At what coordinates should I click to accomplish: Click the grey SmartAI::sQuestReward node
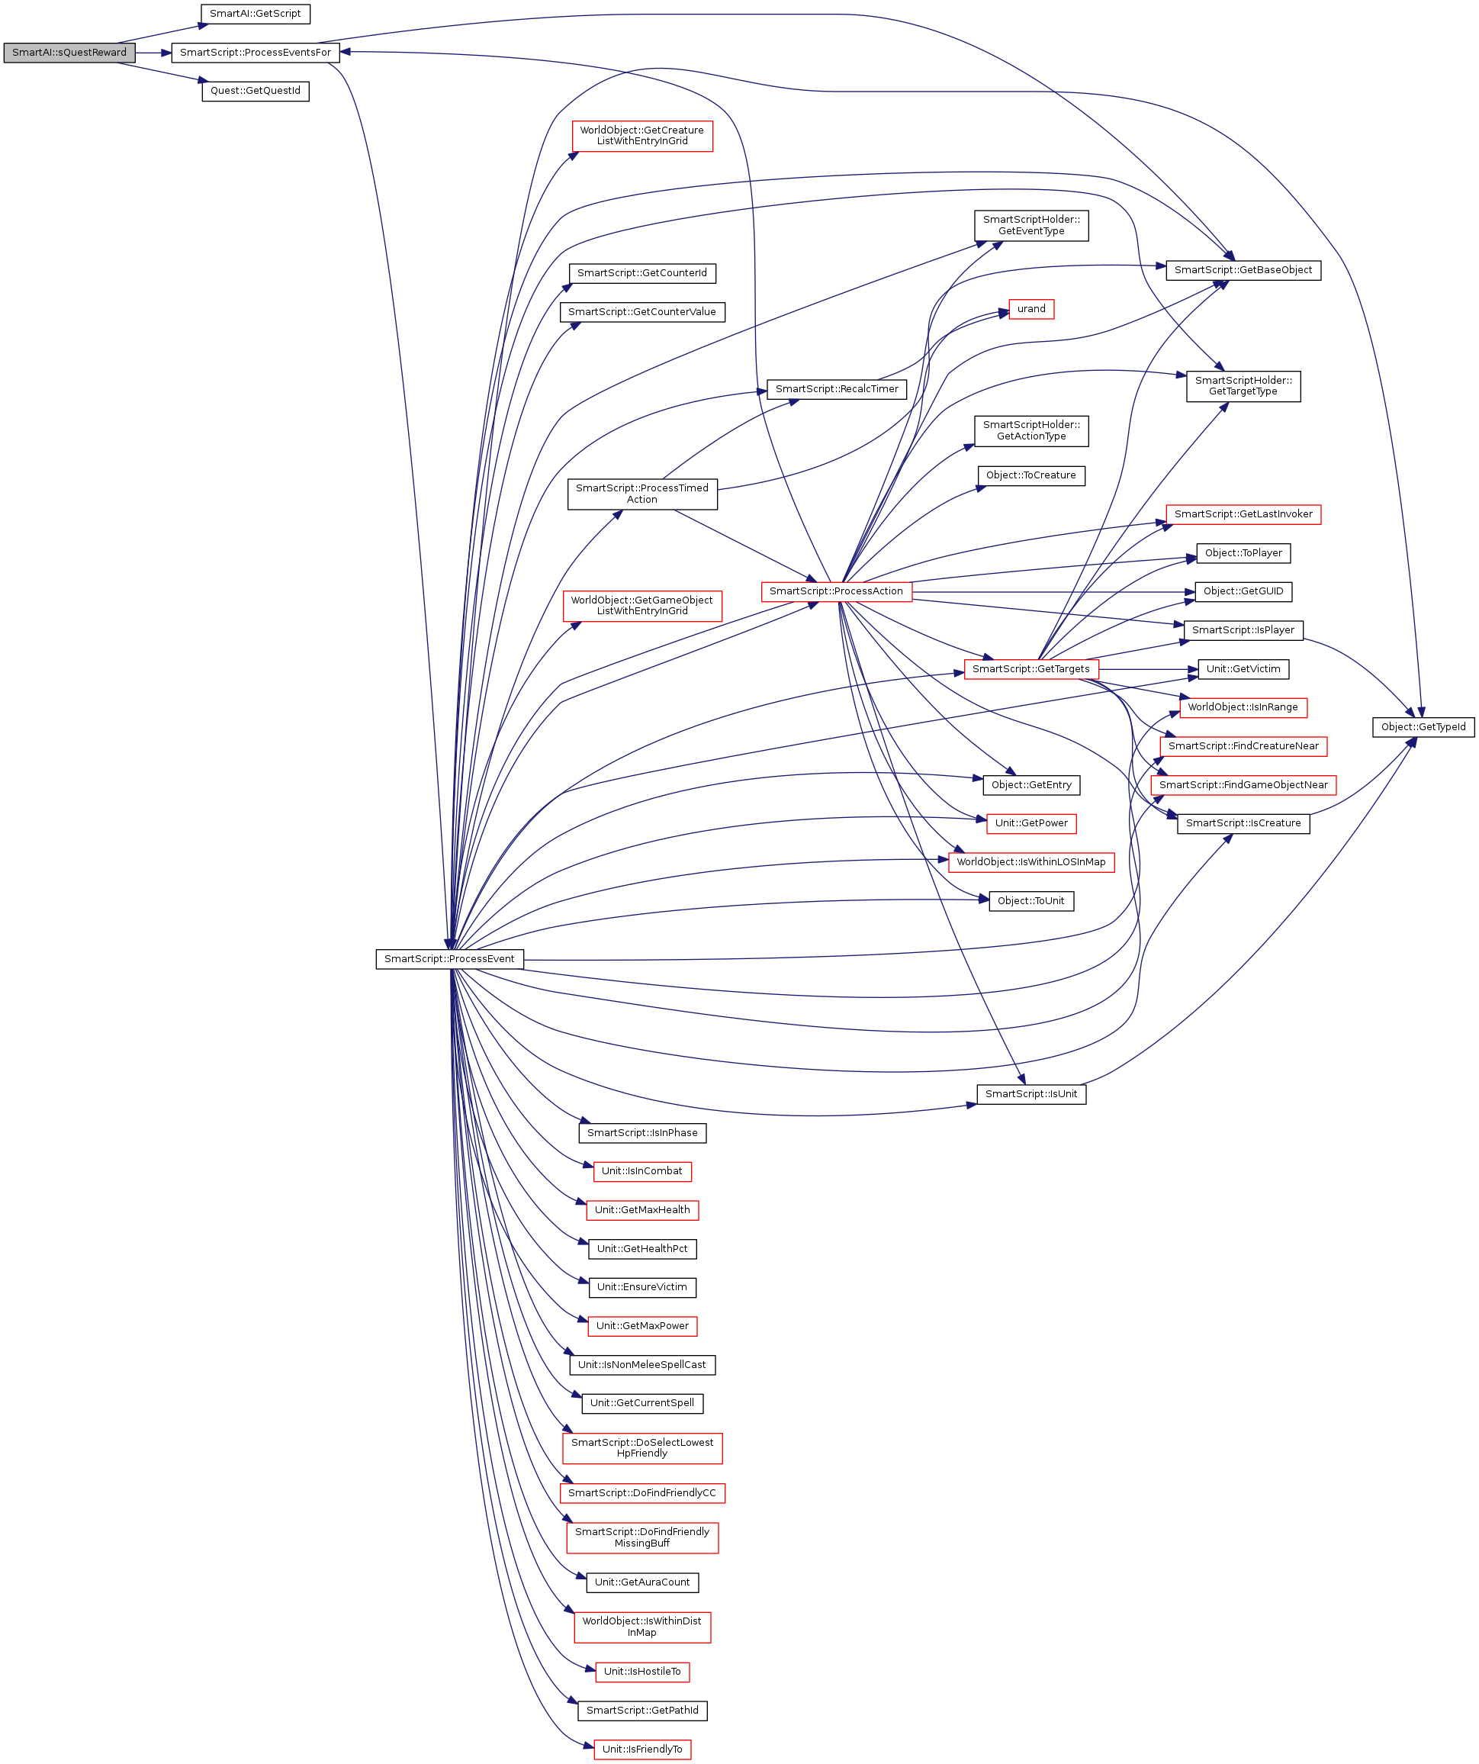tap(69, 52)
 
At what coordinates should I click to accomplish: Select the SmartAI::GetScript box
tap(255, 14)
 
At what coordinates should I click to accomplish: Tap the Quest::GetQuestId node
tap(255, 91)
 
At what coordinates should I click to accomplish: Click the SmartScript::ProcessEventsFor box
tap(256, 52)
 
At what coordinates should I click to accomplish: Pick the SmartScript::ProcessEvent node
tap(449, 958)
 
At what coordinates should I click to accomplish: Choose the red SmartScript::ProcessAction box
tap(836, 591)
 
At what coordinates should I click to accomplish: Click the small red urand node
tap(1030, 309)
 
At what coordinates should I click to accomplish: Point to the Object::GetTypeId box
tap(1423, 726)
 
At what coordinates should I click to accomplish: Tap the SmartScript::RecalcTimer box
tap(837, 389)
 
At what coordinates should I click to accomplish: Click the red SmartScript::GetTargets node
tap(1030, 668)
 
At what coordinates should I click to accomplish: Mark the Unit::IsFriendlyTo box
tap(641, 1749)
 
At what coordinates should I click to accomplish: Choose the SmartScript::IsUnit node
tap(1030, 1093)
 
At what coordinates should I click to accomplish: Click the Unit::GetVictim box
tap(1243, 668)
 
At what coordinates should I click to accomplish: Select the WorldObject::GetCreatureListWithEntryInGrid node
tap(641, 136)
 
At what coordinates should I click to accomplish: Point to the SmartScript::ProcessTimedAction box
tap(641, 494)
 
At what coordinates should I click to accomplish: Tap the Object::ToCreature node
tap(1030, 475)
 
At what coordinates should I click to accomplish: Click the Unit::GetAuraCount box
tap(641, 1582)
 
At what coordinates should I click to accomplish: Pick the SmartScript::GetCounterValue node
tap(641, 311)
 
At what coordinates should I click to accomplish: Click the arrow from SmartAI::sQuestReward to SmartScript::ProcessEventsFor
tap(153, 52)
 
